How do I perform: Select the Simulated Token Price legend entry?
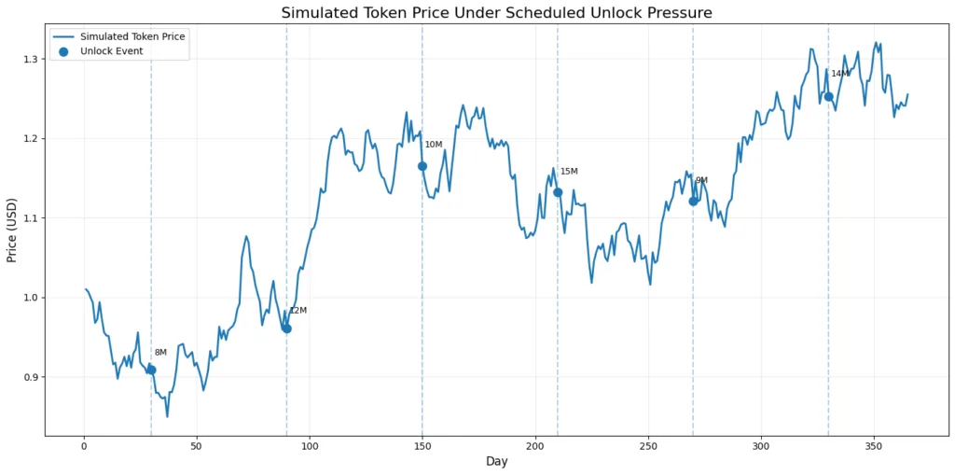click(132, 36)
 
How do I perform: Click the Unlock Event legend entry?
click(111, 51)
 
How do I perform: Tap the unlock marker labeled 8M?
click(151, 370)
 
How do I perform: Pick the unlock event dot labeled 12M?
click(286, 328)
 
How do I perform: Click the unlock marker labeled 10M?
click(422, 166)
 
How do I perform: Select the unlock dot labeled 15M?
click(558, 192)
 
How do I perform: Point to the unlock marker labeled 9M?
click(693, 201)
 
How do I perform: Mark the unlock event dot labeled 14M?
click(828, 96)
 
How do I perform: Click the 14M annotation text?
click(840, 74)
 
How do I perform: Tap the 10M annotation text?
click(434, 145)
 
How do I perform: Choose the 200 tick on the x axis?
click(534, 446)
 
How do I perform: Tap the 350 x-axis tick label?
click(873, 446)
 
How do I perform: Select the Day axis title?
click(495, 462)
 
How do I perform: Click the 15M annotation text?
click(569, 172)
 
